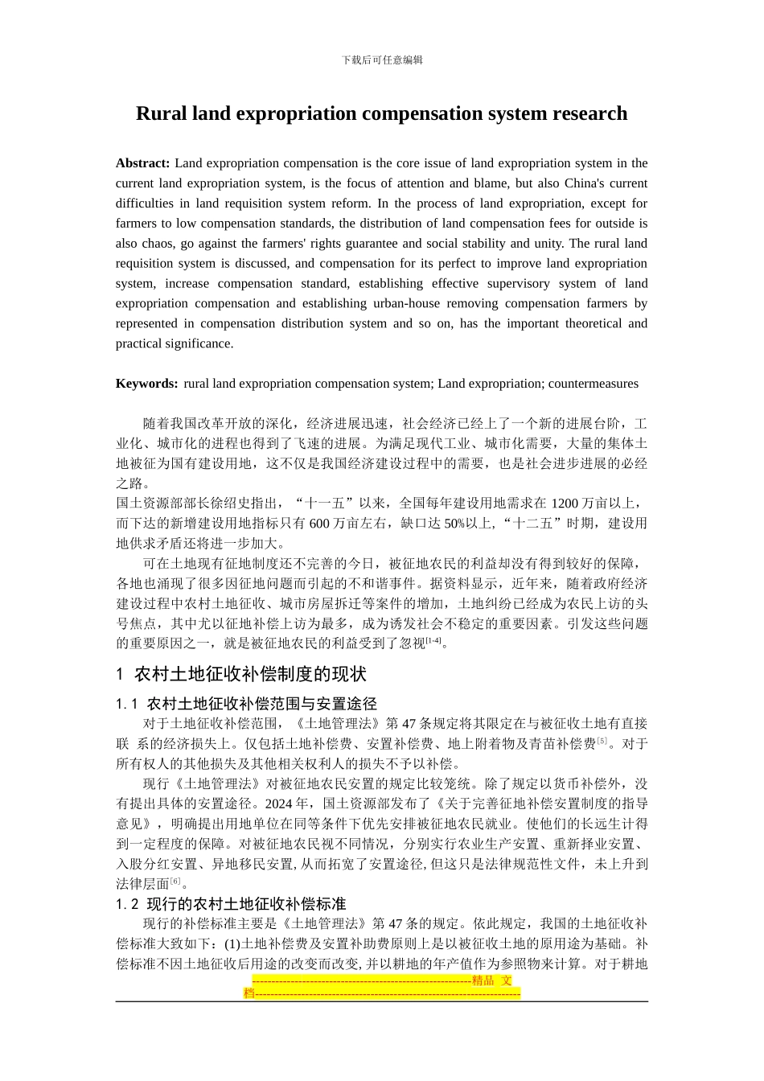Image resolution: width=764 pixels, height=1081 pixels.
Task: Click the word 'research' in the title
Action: [x=589, y=113]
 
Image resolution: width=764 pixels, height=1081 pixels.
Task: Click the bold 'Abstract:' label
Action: [x=142, y=163]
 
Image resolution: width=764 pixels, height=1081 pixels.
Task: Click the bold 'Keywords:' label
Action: [x=146, y=384]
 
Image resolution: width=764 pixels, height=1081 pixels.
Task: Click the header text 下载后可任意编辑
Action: [x=382, y=60]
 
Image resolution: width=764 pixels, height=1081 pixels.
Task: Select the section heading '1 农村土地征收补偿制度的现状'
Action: [x=241, y=674]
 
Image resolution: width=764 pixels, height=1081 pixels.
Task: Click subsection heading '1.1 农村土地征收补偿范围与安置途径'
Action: [x=246, y=704]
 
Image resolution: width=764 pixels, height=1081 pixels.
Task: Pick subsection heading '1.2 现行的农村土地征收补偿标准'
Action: [x=231, y=903]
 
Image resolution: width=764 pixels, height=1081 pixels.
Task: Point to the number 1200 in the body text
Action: [x=565, y=504]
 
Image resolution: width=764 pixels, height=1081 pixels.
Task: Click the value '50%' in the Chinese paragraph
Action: [x=454, y=524]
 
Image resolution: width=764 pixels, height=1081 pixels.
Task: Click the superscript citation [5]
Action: [x=602, y=741]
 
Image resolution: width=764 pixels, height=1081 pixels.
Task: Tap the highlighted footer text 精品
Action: [x=483, y=980]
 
